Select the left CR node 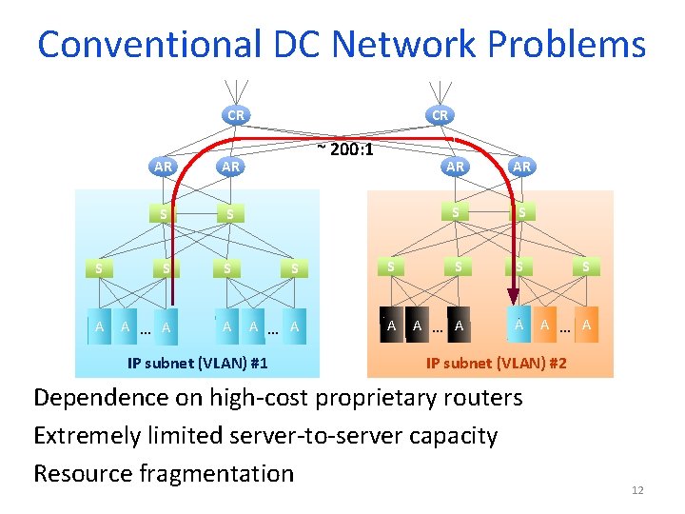[235, 115]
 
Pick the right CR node [440, 115]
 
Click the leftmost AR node [163, 166]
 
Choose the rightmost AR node [521, 166]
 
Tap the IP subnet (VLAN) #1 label [198, 363]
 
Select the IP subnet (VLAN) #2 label [497, 363]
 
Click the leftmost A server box [99, 326]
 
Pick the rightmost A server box [586, 326]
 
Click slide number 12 [637, 490]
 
